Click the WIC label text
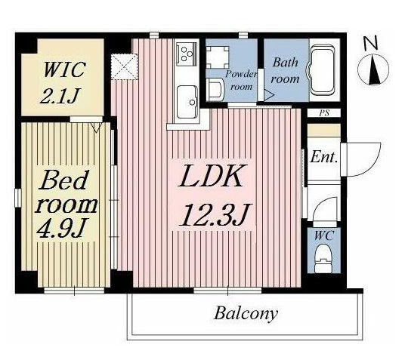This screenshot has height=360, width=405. pos(64,69)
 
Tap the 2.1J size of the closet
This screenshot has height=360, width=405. pos(60,96)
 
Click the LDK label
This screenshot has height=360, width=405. pos(212,176)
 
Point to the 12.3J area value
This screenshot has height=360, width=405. pos(215,214)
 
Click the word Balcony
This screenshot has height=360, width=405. pos(246,314)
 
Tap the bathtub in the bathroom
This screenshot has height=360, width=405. pos(322,70)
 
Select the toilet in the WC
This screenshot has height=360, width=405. pos(323,259)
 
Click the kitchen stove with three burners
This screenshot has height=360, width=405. pos(187,54)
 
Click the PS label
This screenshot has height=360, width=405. pos(324,113)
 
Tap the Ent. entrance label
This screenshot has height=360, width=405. pos(324,157)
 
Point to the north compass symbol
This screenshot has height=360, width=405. pos(373,69)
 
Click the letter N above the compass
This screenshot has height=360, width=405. pos(371,43)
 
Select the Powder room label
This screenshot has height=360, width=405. pos(241,80)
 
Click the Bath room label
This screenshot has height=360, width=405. pos(285,71)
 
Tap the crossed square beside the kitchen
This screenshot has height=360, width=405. pos(124,66)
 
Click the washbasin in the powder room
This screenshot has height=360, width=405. pos(215,90)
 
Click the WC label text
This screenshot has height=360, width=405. pos(324,235)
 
